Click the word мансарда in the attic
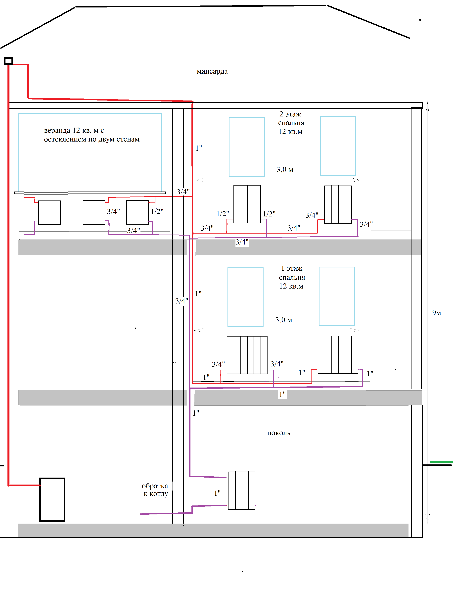pyautogui.click(x=212, y=71)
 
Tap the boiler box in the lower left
pyautogui.click(x=52, y=500)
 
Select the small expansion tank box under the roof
pyautogui.click(x=8, y=61)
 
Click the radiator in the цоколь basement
pyautogui.click(x=242, y=490)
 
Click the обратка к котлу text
pyautogui.click(x=155, y=490)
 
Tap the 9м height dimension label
pyautogui.click(x=437, y=313)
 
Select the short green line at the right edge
pyautogui.click(x=441, y=462)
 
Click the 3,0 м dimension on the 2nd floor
pyautogui.click(x=285, y=170)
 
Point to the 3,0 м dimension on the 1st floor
pyautogui.click(x=284, y=320)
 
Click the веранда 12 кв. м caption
pyautogui.click(x=92, y=135)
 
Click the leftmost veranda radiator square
pyautogui.click(x=50, y=213)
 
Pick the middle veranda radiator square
pyautogui.click(x=94, y=213)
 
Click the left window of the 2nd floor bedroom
pyautogui.click(x=246, y=147)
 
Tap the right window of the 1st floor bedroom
pyautogui.click(x=337, y=297)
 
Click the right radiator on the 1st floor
pyautogui.click(x=338, y=355)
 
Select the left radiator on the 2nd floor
pyautogui.click(x=247, y=204)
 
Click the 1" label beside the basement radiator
pyautogui.click(x=217, y=493)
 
